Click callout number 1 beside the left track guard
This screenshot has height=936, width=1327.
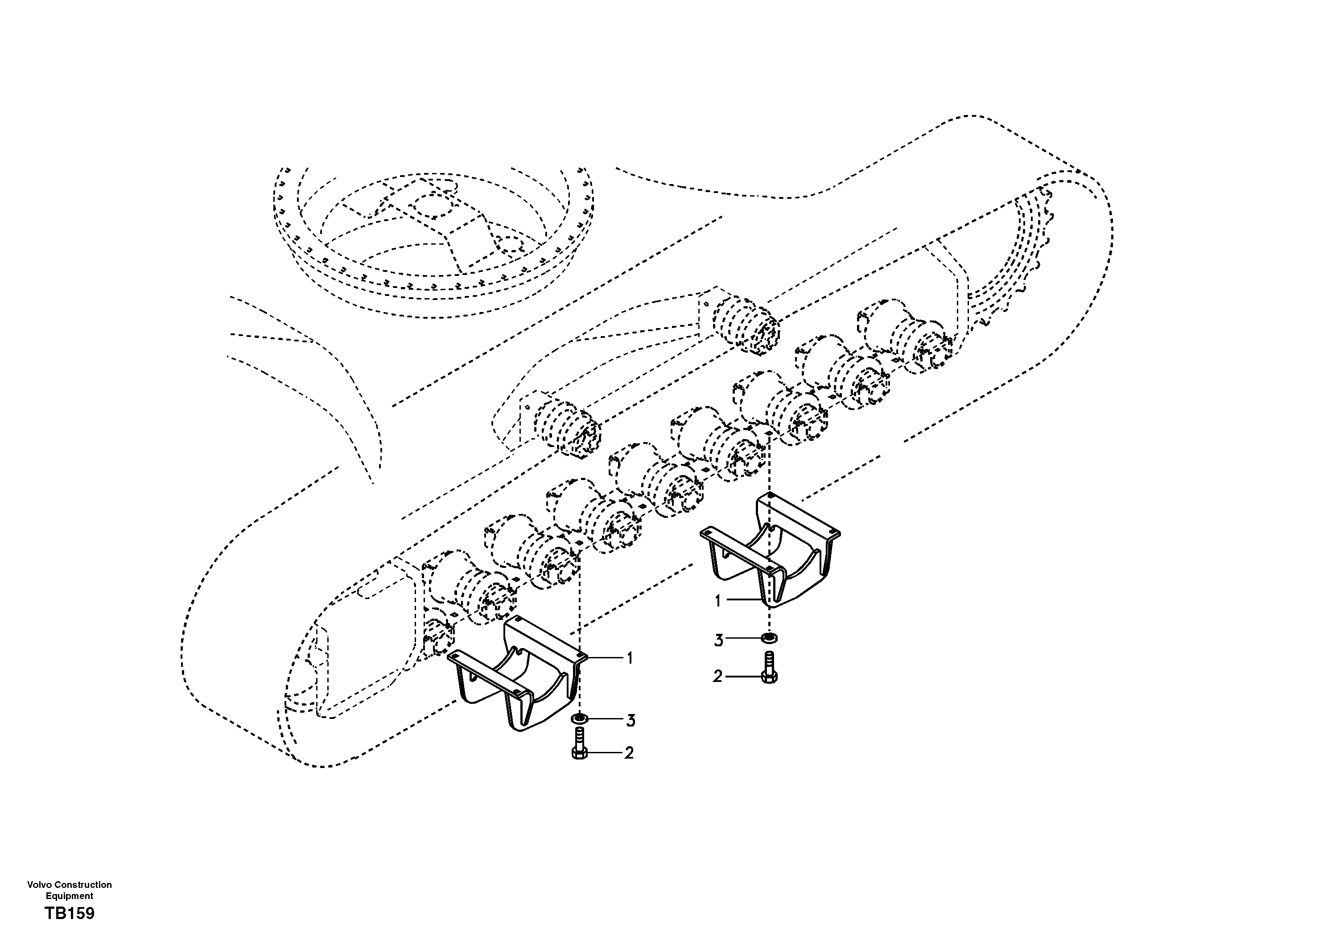click(630, 658)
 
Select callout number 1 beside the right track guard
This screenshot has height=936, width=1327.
click(718, 601)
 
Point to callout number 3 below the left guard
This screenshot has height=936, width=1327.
click(631, 720)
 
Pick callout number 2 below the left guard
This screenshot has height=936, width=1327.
click(629, 753)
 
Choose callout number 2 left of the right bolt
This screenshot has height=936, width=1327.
click(717, 677)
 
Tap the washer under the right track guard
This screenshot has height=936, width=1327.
click(769, 638)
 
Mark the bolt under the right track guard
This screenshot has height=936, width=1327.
click(769, 669)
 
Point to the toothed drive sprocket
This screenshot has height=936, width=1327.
click(1034, 254)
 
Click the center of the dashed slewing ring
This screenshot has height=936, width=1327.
click(433, 231)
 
